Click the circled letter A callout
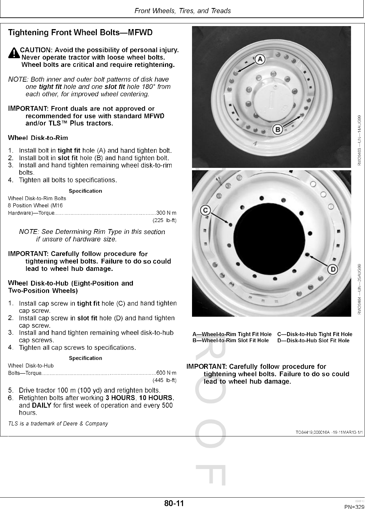pyautogui.click(x=260, y=60)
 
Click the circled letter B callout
pyautogui.click(x=278, y=129)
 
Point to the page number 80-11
pyautogui.click(x=174, y=503)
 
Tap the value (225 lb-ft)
pyautogui.click(x=164, y=220)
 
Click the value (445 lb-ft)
pyautogui.click(x=164, y=380)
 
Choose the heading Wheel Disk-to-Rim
pyautogui.click(x=38, y=138)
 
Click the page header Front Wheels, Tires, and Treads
pyautogui.click(x=182, y=11)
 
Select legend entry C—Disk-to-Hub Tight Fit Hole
pyautogui.click(x=315, y=334)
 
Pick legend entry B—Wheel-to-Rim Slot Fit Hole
pyautogui.click(x=230, y=340)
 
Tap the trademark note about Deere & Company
pyautogui.click(x=58, y=424)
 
